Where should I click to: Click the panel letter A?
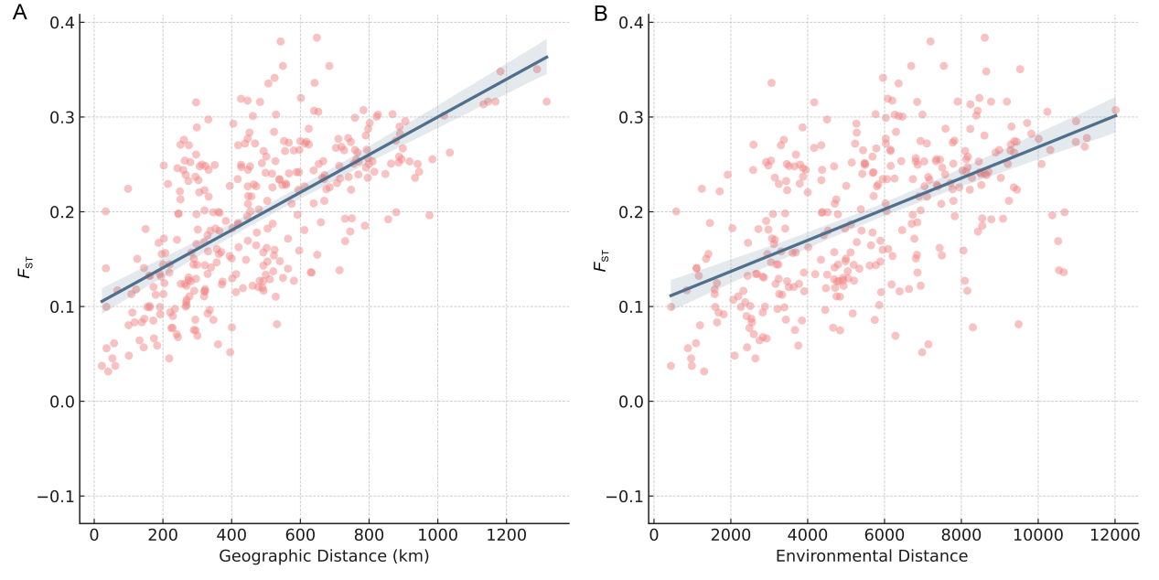pos(19,14)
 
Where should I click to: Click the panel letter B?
pos(601,14)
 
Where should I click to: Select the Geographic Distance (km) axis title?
pos(324,556)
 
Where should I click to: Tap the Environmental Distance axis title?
pos(871,556)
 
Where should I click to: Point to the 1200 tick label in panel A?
pos(506,535)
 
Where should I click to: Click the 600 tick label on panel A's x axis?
pos(300,535)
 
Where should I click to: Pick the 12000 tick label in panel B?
pos(1115,535)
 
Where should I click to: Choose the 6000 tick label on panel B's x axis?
pos(884,535)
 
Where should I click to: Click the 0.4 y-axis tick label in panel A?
pos(60,22)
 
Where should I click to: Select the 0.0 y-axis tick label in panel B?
pos(631,402)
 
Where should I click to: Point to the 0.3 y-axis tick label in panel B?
pos(631,117)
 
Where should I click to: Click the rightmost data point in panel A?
pos(546,102)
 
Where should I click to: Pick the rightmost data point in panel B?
pos(1115,110)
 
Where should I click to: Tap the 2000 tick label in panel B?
pos(730,535)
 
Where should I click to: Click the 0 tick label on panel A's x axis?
pos(94,535)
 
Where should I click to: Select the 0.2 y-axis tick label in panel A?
pos(60,212)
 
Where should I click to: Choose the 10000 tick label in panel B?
pos(1038,535)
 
